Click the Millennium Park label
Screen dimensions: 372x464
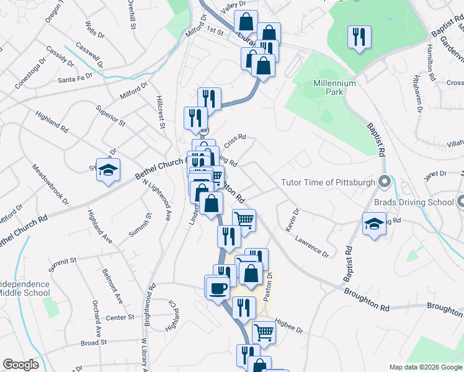point(334,87)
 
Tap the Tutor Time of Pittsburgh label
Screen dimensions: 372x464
point(328,182)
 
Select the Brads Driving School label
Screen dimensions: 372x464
point(414,201)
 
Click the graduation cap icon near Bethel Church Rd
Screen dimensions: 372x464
point(108,170)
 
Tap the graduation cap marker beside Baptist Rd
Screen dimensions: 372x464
point(374,224)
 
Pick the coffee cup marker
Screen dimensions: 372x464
point(217,288)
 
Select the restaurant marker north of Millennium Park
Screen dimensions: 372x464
point(359,37)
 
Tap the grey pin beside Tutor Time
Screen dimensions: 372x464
point(384,182)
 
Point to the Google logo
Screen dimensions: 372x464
point(20,365)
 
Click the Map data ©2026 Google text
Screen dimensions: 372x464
point(426,367)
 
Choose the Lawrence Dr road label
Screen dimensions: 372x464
point(311,246)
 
